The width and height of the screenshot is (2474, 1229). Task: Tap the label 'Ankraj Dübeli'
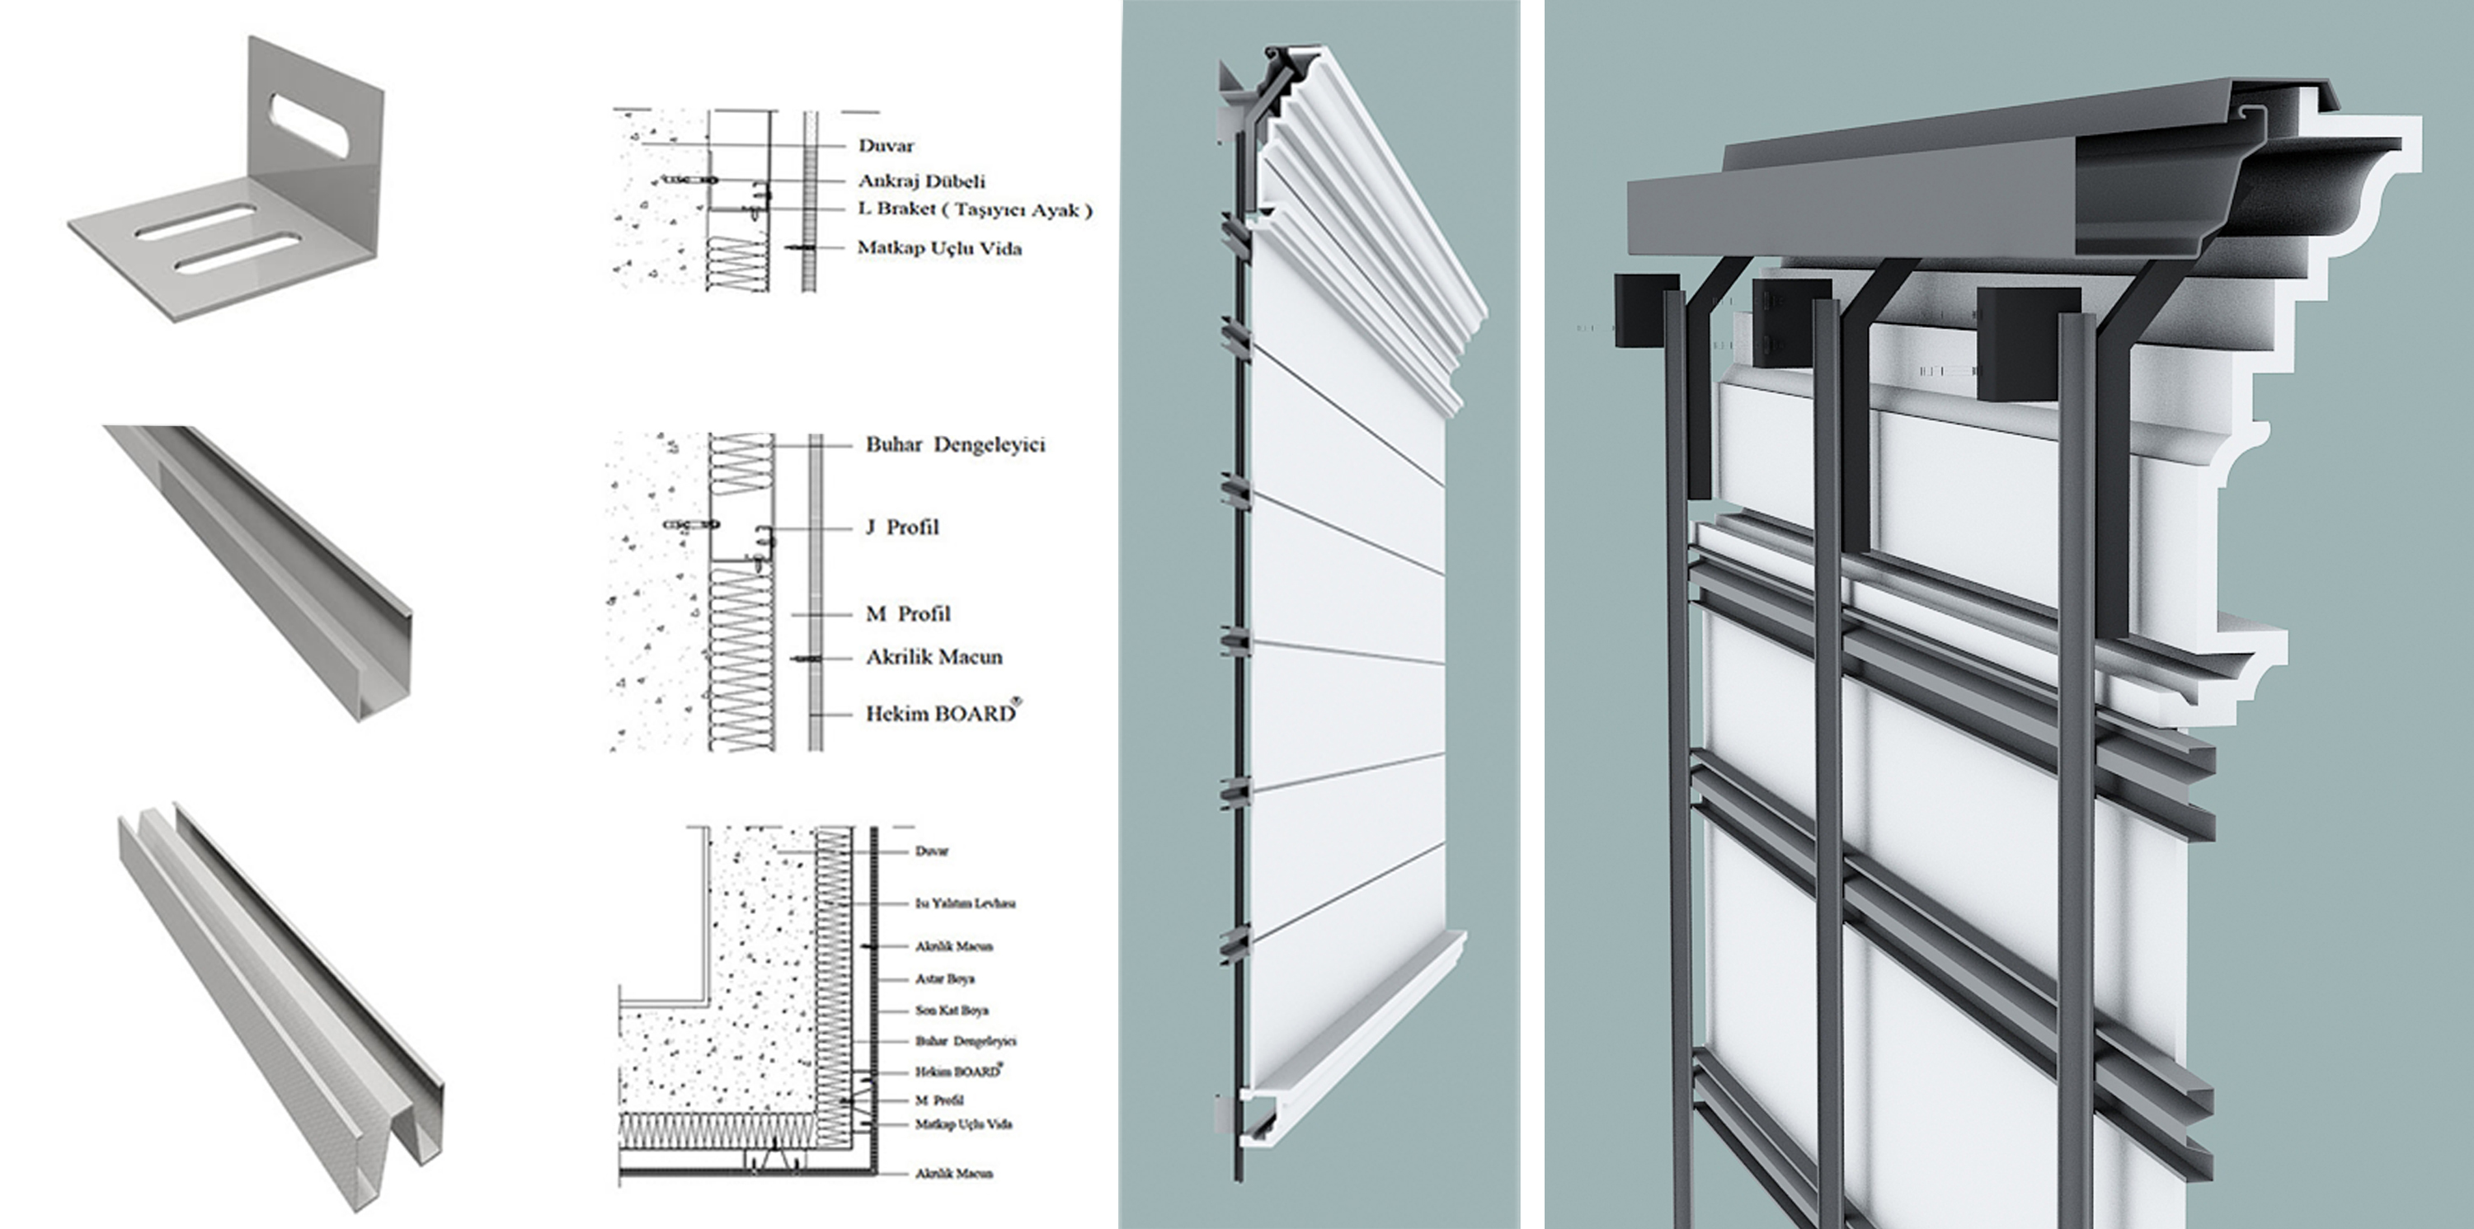(x=921, y=181)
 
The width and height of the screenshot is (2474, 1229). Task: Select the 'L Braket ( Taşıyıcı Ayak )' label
(x=975, y=209)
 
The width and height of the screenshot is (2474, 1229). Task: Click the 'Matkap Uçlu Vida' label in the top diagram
(x=939, y=249)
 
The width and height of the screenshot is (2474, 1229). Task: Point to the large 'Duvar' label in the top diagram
(x=886, y=146)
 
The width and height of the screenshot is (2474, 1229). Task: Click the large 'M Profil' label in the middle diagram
(x=908, y=613)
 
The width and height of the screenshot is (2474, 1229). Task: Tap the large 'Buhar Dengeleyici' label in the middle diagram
(x=955, y=444)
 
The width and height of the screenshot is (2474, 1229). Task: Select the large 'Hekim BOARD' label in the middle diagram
(x=940, y=713)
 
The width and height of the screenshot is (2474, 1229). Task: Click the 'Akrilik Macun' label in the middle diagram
(x=934, y=658)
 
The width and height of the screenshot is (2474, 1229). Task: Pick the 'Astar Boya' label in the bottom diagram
(x=945, y=979)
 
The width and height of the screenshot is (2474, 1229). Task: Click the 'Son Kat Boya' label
(x=951, y=1010)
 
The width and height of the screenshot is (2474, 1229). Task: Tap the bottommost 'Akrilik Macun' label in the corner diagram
(x=953, y=1173)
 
